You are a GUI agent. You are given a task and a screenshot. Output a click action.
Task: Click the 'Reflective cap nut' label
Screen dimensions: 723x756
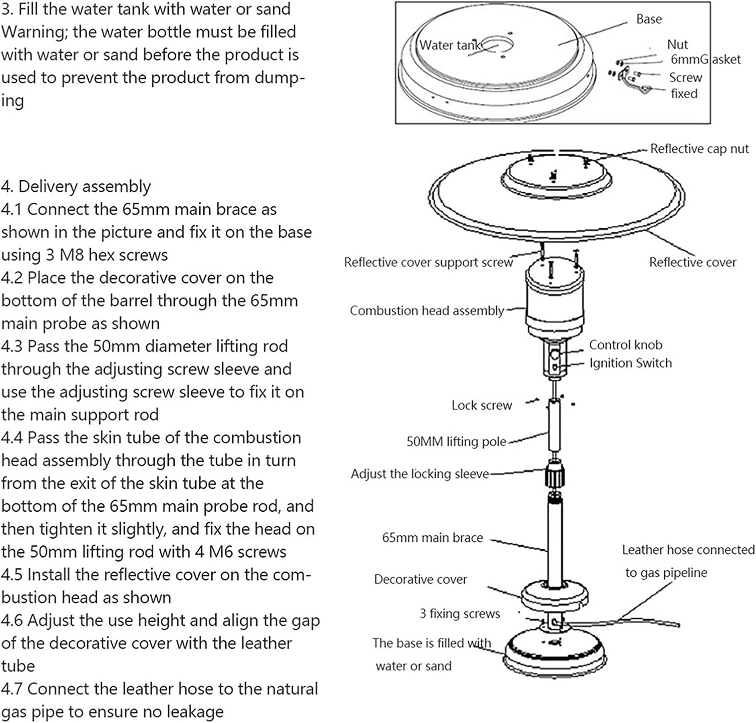coord(699,149)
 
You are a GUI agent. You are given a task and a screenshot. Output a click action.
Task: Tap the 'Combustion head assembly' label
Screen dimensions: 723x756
coord(426,311)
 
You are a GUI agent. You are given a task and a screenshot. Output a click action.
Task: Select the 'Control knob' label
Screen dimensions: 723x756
coord(625,345)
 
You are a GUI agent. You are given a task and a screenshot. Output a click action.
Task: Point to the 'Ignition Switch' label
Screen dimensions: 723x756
coord(630,363)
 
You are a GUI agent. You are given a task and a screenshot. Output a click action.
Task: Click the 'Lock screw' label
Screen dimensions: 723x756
coord(481,405)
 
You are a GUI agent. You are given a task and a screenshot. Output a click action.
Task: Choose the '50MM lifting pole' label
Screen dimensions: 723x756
coord(456,442)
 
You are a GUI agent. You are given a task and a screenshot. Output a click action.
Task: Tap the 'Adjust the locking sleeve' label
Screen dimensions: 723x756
coord(419,474)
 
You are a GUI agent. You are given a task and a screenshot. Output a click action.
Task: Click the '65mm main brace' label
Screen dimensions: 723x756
coord(432,537)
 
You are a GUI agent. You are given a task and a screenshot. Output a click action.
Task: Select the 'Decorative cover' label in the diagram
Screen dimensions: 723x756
coord(420,579)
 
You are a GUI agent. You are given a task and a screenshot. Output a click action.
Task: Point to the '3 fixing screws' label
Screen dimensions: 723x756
coord(460,614)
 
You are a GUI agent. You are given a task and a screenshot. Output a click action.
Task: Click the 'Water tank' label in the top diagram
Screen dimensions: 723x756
coord(450,45)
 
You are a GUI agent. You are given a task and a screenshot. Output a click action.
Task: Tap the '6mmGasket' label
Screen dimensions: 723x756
coord(705,59)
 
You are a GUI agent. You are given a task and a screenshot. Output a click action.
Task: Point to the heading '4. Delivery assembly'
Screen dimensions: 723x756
coord(76,187)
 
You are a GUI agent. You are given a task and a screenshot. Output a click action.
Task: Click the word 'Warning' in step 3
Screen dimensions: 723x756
coord(33,32)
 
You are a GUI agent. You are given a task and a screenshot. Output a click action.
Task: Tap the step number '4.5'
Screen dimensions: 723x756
coord(13,575)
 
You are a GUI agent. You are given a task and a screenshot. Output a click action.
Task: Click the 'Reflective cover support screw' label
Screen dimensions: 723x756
coord(428,262)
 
